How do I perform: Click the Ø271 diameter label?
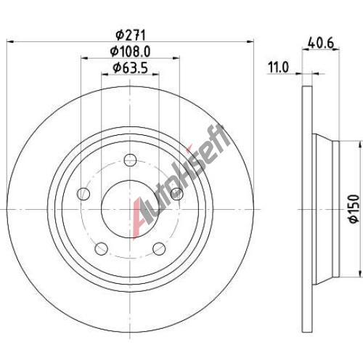pos(131,36)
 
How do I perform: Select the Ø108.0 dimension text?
pos(130,52)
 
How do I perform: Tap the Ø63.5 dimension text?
pos(130,68)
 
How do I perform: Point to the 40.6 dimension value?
pos(321,44)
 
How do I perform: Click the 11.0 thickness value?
pos(278,67)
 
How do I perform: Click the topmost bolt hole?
pos(130,160)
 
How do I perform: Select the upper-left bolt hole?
pos(83,194)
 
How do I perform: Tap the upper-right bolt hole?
pos(176,194)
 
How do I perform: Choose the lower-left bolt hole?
pos(101,248)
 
